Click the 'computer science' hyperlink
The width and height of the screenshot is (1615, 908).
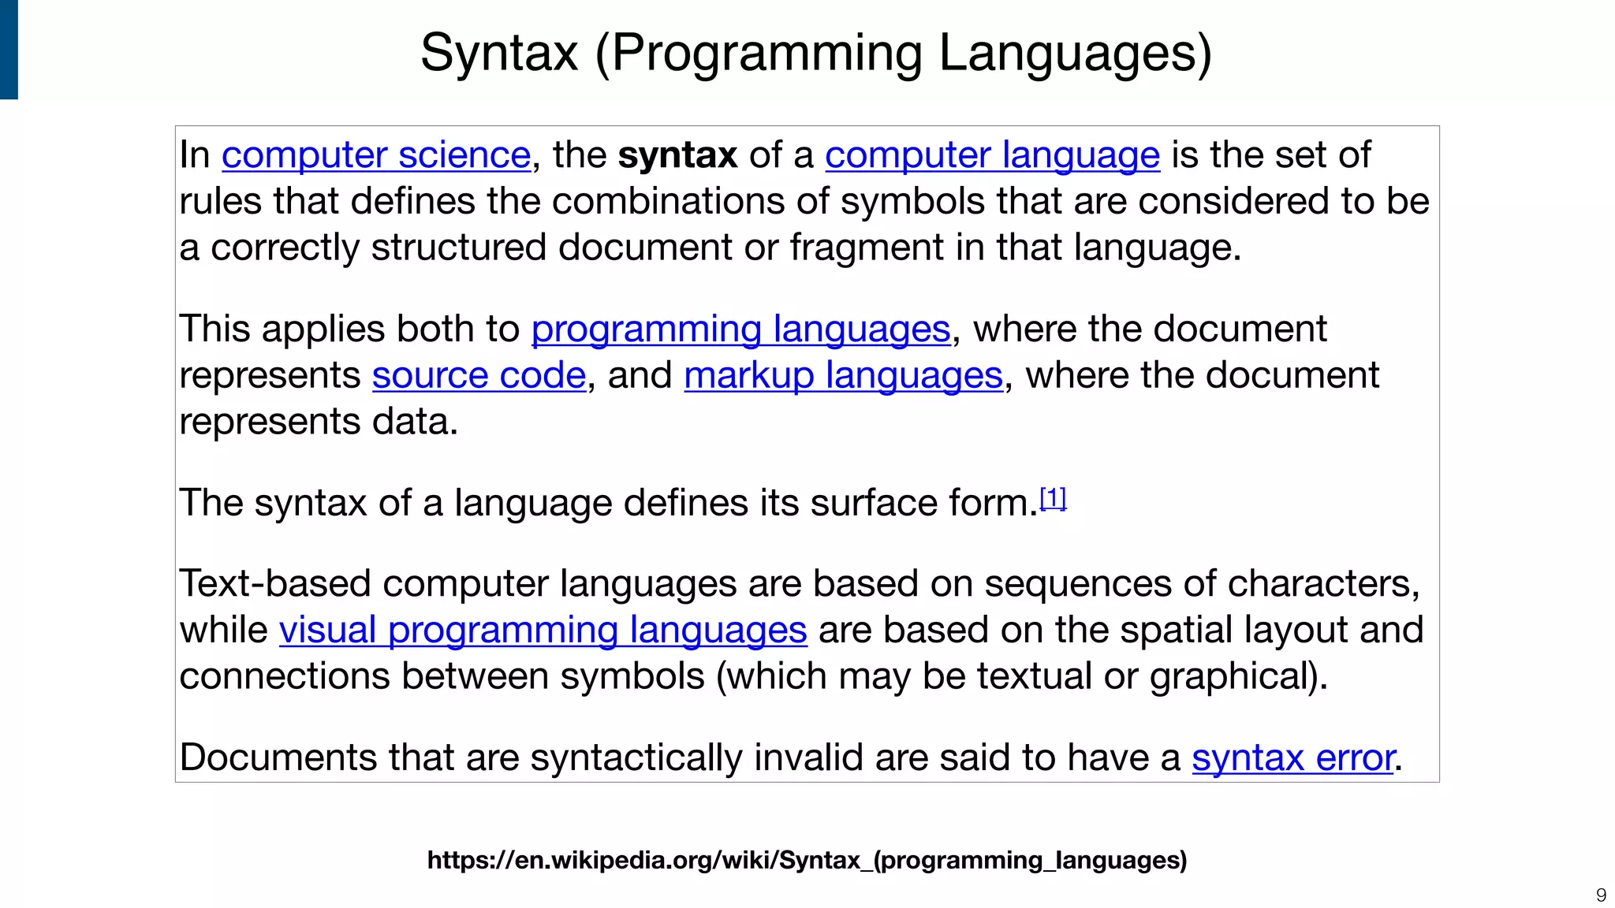(375, 155)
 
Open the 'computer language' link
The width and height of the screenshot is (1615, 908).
(992, 155)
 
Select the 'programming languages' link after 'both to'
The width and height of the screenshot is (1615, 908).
(740, 329)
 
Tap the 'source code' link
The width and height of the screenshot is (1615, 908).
(479, 376)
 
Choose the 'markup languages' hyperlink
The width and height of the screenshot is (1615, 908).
(843, 376)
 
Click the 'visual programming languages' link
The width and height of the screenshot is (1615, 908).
(543, 631)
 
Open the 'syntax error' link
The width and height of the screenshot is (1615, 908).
(1292, 758)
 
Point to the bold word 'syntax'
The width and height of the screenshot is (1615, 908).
(677, 155)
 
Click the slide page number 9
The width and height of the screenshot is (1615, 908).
(1601, 895)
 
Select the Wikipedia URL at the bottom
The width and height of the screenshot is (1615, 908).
(807, 860)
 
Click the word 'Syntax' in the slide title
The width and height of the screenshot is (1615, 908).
(499, 54)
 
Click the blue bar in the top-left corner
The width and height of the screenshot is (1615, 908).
(9, 49)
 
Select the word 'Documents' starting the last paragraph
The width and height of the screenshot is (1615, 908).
(278, 758)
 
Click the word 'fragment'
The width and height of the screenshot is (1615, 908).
(867, 248)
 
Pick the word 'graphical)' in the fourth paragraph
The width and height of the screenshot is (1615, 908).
(1238, 677)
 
